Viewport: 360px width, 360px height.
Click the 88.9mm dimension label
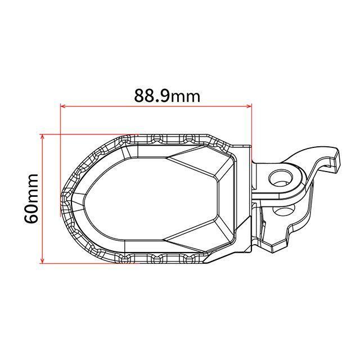167,96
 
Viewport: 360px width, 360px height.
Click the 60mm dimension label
31,199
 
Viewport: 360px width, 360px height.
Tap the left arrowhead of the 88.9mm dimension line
63,106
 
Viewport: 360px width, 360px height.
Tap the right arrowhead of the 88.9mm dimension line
249,106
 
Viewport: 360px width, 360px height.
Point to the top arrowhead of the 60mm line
42,137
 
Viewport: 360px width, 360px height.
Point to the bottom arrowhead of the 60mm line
42,260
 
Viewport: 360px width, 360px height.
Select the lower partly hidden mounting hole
283,209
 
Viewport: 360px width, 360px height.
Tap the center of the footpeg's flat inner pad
151,199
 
